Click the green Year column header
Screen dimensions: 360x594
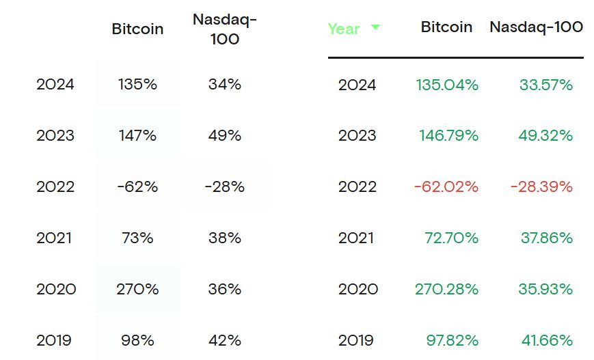tap(344, 29)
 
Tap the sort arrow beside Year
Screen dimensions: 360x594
tap(375, 27)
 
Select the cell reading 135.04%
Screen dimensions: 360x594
tap(447, 85)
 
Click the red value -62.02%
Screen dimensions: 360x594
tap(446, 186)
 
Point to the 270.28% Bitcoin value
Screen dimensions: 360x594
tap(446, 289)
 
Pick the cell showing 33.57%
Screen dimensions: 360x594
tap(545, 85)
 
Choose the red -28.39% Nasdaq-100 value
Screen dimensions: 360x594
tap(541, 186)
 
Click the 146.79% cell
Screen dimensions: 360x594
tap(448, 135)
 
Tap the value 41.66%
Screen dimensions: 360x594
tap(545, 340)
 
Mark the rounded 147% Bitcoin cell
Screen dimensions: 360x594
tap(137, 135)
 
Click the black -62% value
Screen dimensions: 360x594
tap(137, 186)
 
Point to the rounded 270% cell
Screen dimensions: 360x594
tap(137, 289)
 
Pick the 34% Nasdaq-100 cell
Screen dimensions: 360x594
tap(225, 85)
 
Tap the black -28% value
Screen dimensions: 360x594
tap(225, 186)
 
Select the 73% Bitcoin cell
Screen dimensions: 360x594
tap(137, 238)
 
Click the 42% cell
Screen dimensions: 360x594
tap(225, 340)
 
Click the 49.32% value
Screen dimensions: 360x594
tap(545, 135)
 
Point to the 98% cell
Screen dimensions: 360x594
tap(137, 340)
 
